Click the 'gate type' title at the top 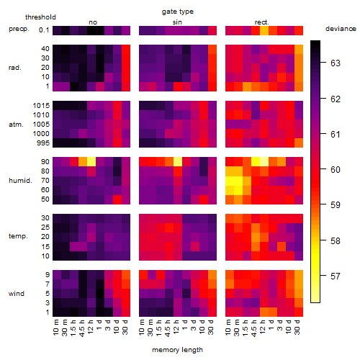click(178, 12)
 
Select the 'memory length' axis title click(177, 350)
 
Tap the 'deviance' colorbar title click(341, 29)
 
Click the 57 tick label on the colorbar click(336, 276)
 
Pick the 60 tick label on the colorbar click(336, 170)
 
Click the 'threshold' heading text click(40, 17)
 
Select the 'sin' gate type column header click(177, 22)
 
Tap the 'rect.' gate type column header click(261, 22)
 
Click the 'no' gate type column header click(93, 22)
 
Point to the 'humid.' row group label click(20, 181)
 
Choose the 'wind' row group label click(17, 294)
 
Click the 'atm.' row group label click(16, 125)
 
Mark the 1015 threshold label click(41, 106)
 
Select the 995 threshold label click(43, 143)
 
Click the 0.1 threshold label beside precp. click(44, 30)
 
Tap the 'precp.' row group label click(19, 29)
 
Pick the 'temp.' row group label click(18, 236)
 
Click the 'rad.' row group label click(15, 68)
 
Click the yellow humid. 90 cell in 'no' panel click(91, 162)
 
